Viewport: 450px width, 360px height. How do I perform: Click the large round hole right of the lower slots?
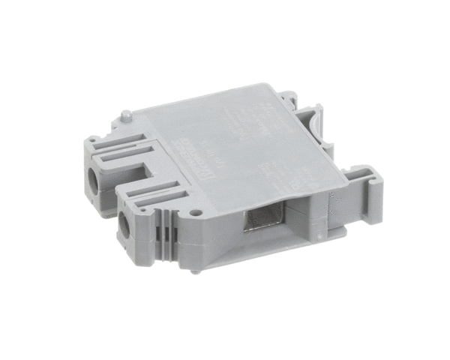(196, 212)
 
